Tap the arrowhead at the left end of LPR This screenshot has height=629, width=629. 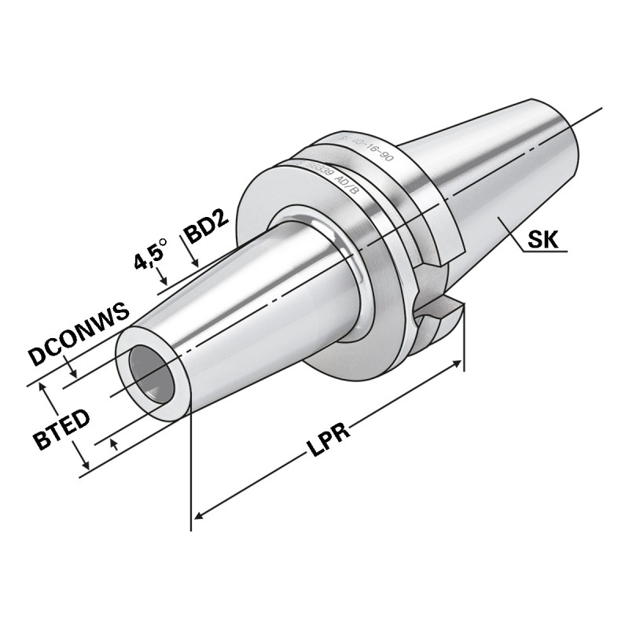point(199,515)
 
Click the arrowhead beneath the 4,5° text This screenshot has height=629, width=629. point(164,281)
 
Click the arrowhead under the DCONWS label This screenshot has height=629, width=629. point(73,373)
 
